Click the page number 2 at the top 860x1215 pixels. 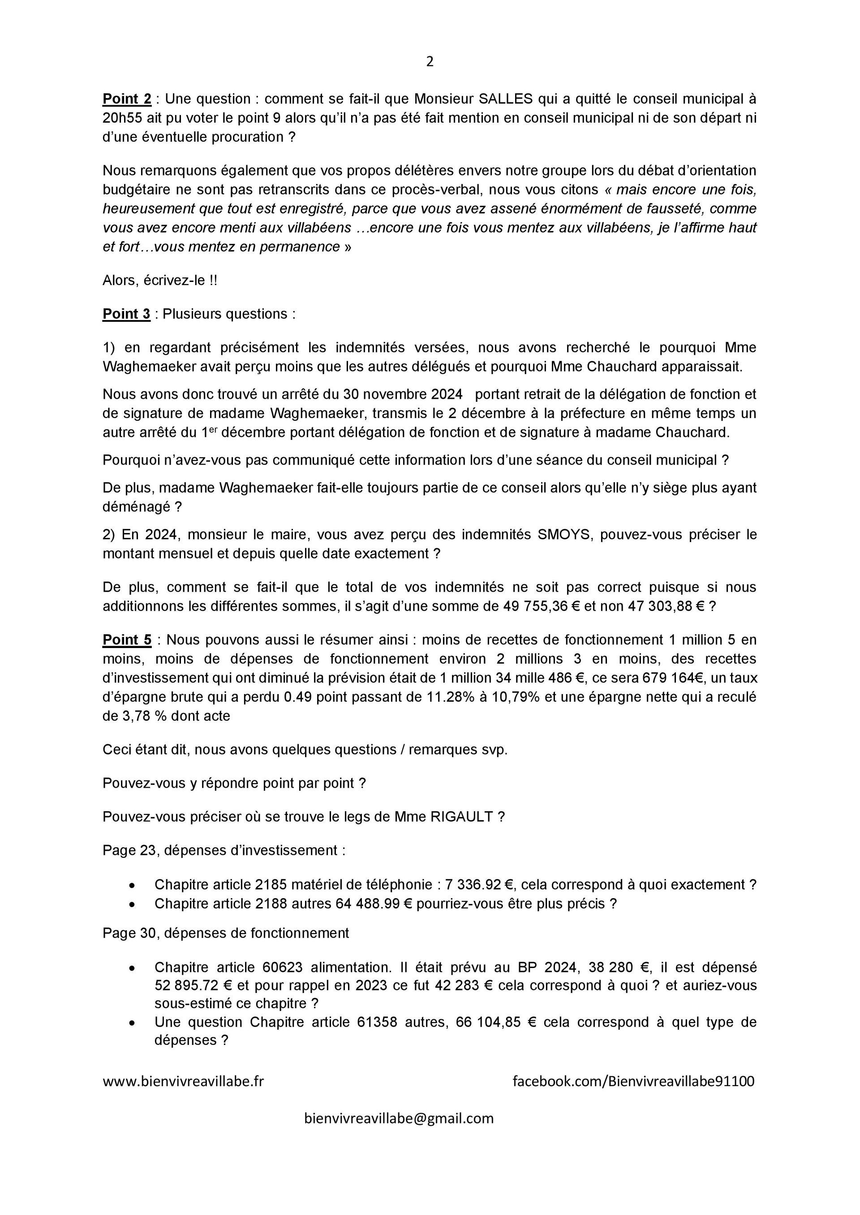(430, 62)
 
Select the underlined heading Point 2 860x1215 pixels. (127, 99)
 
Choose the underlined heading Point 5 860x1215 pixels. (127, 640)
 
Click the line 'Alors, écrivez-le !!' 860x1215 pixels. (159, 281)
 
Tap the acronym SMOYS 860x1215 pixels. (563, 534)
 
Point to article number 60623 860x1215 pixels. (282, 968)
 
